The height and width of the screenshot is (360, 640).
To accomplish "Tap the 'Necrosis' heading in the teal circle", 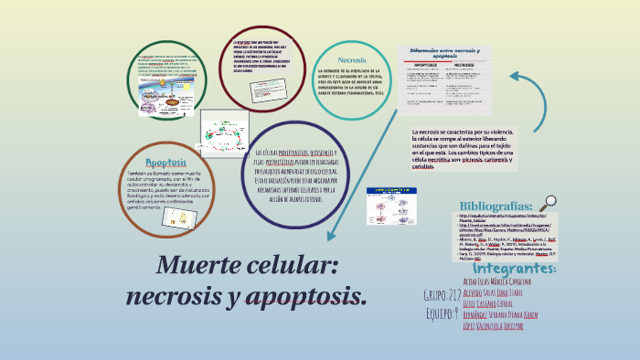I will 352,60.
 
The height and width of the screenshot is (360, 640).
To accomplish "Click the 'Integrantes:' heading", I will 516,270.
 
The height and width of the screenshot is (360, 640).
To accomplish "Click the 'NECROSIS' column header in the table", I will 470,66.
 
